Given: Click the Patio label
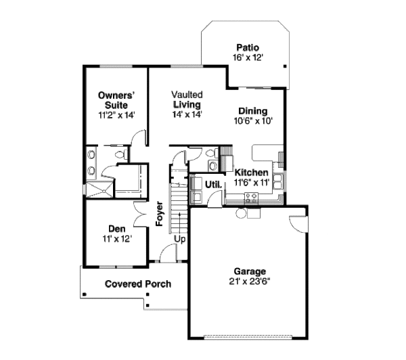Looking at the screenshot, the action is (x=248, y=47).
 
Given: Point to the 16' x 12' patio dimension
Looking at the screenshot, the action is (x=248, y=58).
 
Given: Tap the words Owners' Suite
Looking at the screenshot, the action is (x=117, y=100).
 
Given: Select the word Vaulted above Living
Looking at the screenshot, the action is (x=187, y=95).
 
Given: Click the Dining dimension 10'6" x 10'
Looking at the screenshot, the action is (x=253, y=121).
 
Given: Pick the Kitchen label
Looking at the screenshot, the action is (x=251, y=173).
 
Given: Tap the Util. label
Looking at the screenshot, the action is (x=213, y=185).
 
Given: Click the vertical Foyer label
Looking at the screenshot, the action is (x=160, y=214).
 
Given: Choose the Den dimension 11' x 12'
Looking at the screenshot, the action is (x=117, y=239).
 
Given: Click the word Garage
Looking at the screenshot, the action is (x=250, y=271).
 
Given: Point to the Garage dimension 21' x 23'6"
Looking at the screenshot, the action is (x=250, y=282).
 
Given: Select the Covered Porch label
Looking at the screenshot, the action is (x=138, y=284).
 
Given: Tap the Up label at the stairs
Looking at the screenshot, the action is (x=179, y=239).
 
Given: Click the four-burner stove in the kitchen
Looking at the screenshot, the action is (x=251, y=198).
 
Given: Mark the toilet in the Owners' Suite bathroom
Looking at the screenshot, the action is (x=121, y=154).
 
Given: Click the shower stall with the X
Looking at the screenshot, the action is (x=99, y=190).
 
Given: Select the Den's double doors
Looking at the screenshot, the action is (x=141, y=215).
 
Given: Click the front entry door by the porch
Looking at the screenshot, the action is (x=168, y=253).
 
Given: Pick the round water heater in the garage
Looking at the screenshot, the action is (x=240, y=213).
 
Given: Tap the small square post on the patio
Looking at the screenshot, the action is (x=285, y=66).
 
